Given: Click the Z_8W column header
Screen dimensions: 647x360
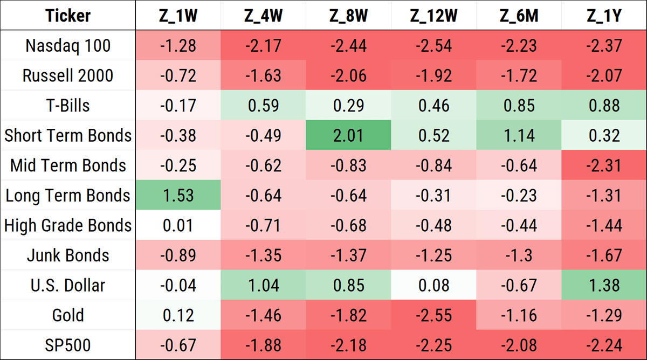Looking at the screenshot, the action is click(348, 16).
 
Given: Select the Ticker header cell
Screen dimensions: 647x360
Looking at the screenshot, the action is click(68, 16).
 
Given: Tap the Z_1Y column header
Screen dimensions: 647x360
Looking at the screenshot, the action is click(604, 16).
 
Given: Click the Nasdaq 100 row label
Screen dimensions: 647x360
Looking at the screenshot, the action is click(68, 46).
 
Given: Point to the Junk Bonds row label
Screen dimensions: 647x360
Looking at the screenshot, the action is click(68, 255).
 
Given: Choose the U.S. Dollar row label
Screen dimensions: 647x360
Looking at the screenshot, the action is click(68, 285).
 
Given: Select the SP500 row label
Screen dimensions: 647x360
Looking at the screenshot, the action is click(68, 345).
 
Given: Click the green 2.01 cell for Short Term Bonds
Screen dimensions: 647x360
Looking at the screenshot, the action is click(348, 135).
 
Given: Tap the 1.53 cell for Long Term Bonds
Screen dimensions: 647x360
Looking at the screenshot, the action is click(178, 195).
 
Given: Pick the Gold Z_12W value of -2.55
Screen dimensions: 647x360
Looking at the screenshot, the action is click(433, 315).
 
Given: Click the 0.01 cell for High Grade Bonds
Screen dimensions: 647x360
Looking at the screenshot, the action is click(178, 225).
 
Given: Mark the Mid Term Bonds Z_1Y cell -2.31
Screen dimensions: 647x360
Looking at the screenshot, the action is click(604, 165).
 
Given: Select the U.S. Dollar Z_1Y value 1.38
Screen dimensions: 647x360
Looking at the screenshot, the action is click(604, 285).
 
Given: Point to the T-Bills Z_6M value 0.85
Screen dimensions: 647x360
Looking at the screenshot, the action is click(519, 106).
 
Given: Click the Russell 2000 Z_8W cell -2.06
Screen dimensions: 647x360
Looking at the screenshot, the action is click(348, 75).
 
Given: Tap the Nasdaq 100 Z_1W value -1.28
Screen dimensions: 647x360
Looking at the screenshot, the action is click(178, 46).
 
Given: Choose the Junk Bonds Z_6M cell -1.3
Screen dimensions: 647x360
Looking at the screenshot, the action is click(519, 255).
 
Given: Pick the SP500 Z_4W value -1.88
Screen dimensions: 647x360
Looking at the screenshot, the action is click(263, 345).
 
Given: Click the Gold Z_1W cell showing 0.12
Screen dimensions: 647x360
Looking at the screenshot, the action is click(178, 315).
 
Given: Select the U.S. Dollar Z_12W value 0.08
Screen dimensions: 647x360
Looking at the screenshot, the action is click(433, 285).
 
